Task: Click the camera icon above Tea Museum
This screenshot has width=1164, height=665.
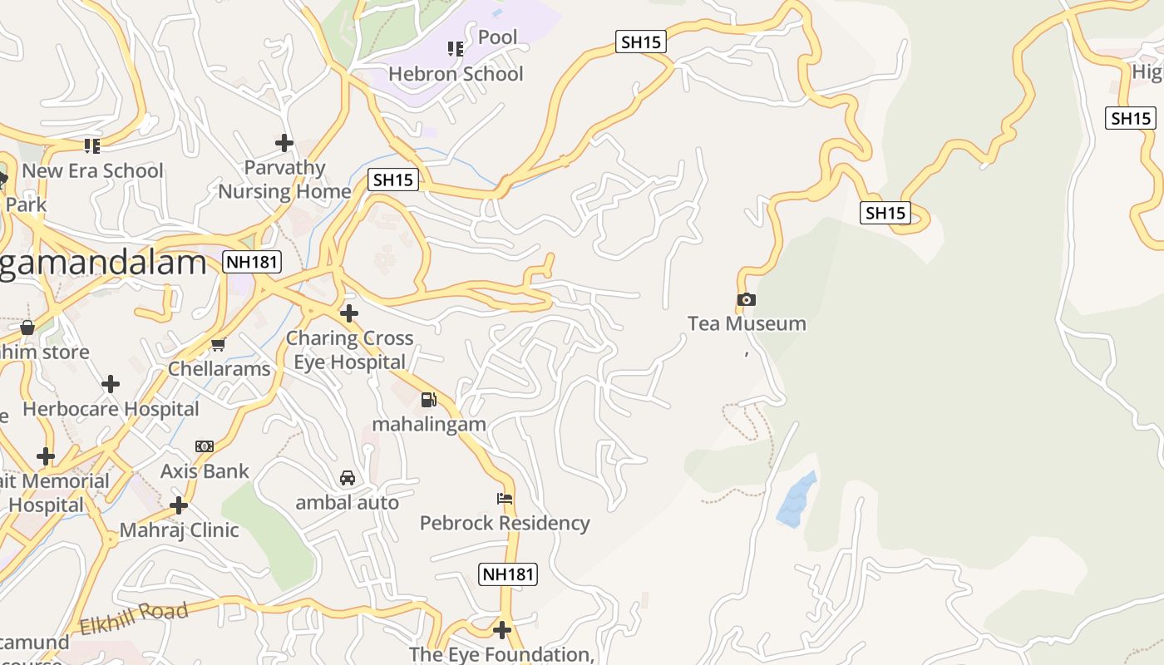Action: tap(747, 299)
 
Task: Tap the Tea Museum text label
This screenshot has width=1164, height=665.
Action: tap(747, 323)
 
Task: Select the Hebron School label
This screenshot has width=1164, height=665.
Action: tap(456, 74)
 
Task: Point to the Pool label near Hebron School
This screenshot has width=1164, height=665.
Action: tap(497, 37)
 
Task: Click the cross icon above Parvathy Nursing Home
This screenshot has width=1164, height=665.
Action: tap(284, 143)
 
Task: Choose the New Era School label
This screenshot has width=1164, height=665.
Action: tap(92, 170)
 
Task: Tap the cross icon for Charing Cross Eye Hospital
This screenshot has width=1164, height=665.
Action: tap(349, 313)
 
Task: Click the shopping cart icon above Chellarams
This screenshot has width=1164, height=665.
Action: tap(219, 344)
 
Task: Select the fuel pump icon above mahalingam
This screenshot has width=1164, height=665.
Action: tap(428, 400)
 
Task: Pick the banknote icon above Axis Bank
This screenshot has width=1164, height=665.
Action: tap(205, 446)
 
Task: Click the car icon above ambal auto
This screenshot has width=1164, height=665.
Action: tap(348, 478)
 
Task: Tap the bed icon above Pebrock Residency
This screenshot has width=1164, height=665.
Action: tap(505, 499)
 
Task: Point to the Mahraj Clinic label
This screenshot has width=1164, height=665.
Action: tap(179, 530)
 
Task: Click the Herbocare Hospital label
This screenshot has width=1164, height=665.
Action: tap(111, 409)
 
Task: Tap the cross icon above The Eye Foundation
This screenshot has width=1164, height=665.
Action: tap(502, 628)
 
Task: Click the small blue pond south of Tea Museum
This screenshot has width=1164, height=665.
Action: tap(797, 499)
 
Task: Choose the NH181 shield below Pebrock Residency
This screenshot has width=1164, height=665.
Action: tap(509, 574)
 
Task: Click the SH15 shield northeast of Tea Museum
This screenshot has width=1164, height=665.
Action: tap(885, 213)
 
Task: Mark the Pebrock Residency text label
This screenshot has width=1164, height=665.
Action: tap(505, 523)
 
